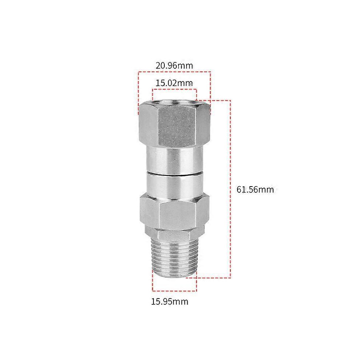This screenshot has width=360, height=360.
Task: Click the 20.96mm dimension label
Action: (x=174, y=66)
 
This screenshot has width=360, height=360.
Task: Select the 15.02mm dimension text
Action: (x=174, y=83)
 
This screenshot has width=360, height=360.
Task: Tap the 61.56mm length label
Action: (x=255, y=190)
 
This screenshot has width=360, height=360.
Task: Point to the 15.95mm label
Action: (x=170, y=301)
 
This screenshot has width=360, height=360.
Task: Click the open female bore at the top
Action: (x=175, y=102)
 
